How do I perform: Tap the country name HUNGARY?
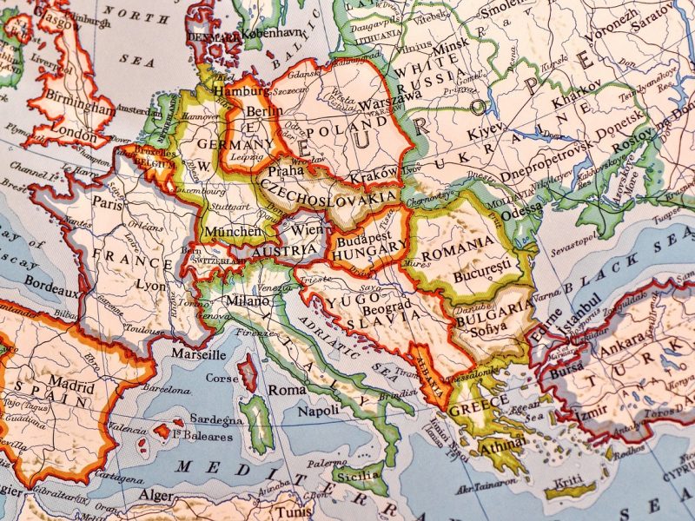[x=369, y=247]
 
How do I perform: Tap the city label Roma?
[x=287, y=390]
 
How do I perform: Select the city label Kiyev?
[x=486, y=135]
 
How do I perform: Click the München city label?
[x=232, y=232]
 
